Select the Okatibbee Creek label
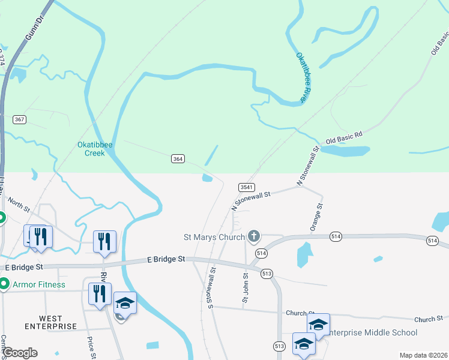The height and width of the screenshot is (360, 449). click(x=91, y=149)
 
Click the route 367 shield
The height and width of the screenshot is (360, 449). click(x=20, y=119)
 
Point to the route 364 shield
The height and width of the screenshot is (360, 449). click(x=178, y=158)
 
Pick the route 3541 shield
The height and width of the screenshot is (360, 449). click(x=247, y=187)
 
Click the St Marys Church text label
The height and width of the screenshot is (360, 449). click(x=214, y=236)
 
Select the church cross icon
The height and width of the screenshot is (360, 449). click(x=254, y=236)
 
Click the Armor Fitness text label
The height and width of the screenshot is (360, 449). click(x=39, y=284)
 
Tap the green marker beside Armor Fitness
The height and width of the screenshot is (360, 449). click(x=4, y=284)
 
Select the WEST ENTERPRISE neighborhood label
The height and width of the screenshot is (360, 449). click(x=51, y=322)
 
